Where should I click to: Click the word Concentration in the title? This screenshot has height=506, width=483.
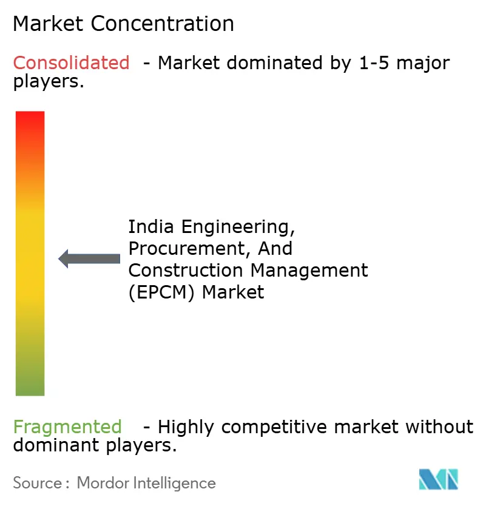[163, 24]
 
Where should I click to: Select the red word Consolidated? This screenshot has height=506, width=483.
[71, 62]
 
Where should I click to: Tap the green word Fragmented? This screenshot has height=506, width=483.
[67, 427]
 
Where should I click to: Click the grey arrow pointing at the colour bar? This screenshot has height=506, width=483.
[89, 259]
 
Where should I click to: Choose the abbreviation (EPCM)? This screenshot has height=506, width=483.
[162, 292]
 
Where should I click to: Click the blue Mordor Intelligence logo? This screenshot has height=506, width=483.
[438, 479]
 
